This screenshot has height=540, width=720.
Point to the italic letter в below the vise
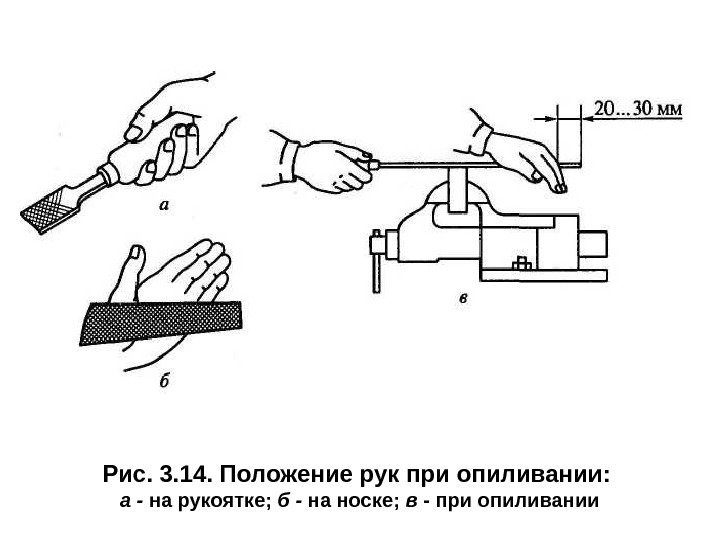coord(463,296)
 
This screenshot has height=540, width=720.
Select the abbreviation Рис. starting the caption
coord(124,471)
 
